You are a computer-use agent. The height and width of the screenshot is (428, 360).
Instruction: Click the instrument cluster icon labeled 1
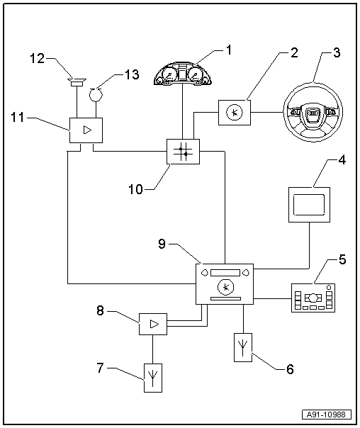182,73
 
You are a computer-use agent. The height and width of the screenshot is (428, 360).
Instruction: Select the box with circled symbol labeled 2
235,113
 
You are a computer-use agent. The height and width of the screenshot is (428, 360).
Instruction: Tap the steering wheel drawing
313,112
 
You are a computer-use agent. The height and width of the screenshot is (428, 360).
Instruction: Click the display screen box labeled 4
309,205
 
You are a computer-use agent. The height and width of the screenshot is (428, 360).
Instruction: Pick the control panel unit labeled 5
313,298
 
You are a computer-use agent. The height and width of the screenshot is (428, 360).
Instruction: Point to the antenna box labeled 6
243,347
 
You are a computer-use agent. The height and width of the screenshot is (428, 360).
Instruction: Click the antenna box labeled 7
153,378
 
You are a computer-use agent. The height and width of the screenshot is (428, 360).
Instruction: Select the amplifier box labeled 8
153,324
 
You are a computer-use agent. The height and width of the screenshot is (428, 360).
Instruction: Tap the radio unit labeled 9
225,284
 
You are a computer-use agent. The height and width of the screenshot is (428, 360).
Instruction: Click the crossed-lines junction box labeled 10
183,152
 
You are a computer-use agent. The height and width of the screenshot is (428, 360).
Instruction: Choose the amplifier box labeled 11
86,130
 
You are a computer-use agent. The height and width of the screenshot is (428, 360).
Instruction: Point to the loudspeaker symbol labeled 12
77,82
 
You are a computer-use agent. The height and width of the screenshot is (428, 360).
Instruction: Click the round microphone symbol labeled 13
96,95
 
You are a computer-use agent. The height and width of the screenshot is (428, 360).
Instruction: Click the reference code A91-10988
327,415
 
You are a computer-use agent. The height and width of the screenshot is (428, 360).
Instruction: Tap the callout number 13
132,74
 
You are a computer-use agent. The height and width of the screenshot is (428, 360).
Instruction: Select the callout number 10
135,189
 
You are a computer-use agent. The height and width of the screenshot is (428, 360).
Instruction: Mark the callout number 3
337,52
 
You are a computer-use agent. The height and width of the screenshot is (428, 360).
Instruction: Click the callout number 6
290,369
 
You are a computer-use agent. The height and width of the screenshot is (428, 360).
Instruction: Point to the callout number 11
18,118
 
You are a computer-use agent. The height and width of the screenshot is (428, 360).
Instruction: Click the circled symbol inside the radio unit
226,287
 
